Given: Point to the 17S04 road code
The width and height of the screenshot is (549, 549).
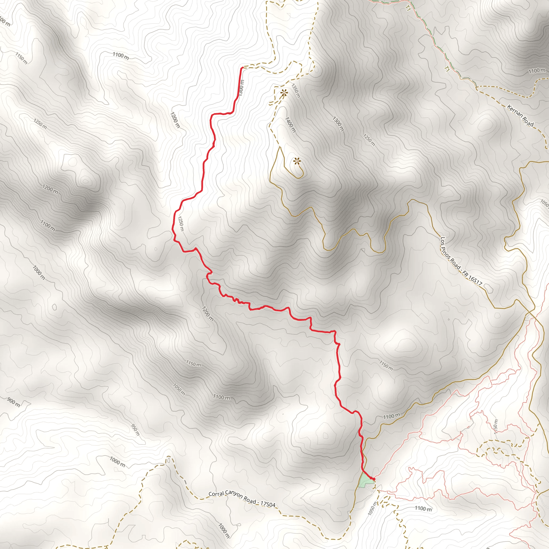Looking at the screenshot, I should (x=268, y=505).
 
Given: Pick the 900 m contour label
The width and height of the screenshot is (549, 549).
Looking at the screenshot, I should (x=13, y=402).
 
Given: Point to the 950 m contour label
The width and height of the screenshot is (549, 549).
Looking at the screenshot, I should (x=136, y=430).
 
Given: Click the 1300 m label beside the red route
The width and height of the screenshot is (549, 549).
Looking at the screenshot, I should (x=241, y=87).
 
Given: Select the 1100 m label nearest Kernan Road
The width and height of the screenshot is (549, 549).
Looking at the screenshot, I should (x=537, y=71).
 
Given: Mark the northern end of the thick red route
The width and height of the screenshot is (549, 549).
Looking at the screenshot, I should (x=242, y=68).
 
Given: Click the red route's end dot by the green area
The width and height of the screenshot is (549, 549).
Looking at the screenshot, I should (x=374, y=479).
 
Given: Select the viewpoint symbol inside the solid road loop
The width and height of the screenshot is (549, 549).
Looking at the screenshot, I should (x=297, y=162).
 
